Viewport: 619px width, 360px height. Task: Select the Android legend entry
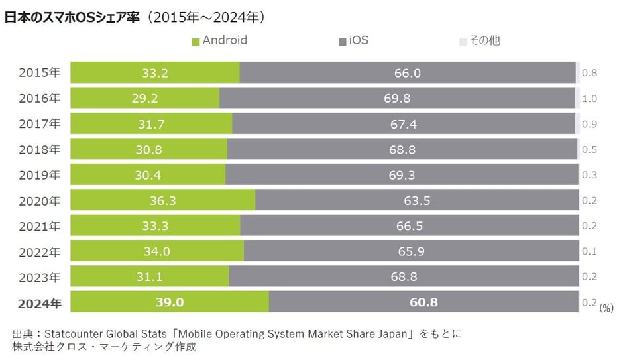coord(219,40)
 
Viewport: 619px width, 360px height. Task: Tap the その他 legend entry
coord(480,40)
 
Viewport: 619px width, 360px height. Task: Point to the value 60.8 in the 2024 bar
coord(423,302)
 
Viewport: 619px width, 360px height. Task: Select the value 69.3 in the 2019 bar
coord(402,175)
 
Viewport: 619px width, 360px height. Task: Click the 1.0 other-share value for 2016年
coord(589,99)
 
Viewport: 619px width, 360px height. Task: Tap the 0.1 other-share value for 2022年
coord(589,251)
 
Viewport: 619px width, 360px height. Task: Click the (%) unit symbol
coord(606,307)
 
